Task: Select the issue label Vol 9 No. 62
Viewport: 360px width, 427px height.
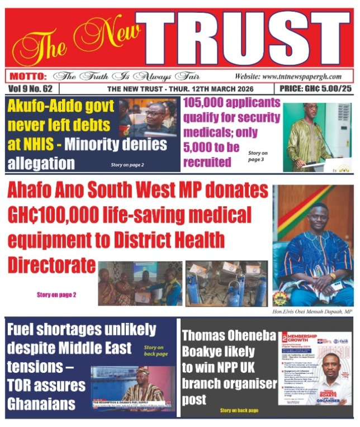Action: tap(31, 89)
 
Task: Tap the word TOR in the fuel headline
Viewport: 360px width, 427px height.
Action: tap(22, 386)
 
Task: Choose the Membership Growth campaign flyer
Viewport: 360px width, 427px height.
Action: tap(316, 369)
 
